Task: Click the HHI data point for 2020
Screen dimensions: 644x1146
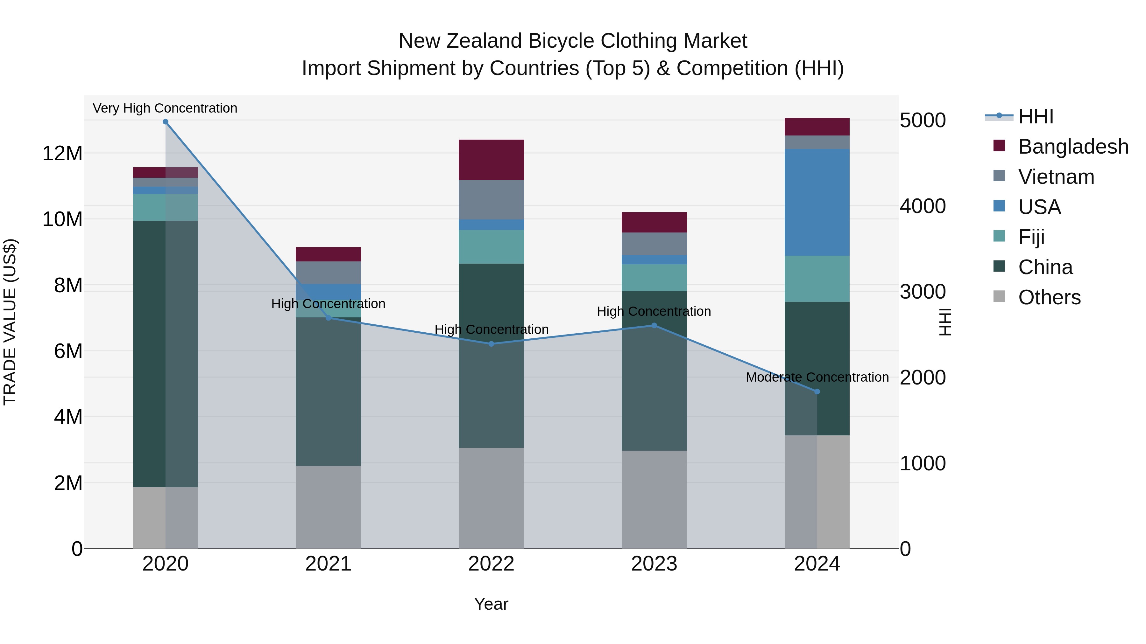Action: (x=166, y=122)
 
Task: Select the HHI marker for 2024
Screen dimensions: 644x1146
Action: (x=817, y=391)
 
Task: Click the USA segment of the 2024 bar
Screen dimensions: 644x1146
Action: (x=817, y=202)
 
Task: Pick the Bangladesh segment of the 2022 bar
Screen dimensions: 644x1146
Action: (x=491, y=160)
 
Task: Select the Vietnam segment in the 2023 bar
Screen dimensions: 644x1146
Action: (x=654, y=244)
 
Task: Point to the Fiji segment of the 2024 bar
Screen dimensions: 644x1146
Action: (x=817, y=279)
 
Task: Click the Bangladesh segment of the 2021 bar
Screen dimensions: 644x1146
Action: (x=328, y=254)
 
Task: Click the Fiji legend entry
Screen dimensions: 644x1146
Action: (x=1031, y=237)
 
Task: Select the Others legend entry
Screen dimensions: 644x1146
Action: (x=1049, y=297)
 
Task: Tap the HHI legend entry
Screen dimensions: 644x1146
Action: (x=1035, y=116)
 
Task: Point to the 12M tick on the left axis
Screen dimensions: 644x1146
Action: (x=62, y=153)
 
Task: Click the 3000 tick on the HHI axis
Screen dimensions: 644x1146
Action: (x=923, y=292)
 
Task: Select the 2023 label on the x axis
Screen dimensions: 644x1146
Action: (x=654, y=564)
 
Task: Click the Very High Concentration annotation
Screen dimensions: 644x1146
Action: (x=165, y=108)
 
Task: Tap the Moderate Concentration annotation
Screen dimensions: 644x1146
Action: (x=817, y=377)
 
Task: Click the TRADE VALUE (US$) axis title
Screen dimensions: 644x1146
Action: (x=10, y=322)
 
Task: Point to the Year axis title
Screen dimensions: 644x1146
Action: (x=491, y=604)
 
